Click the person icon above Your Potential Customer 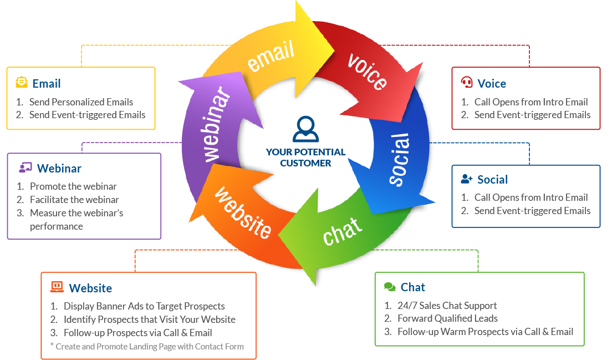click(x=305, y=130)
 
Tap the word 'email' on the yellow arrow click(x=271, y=57)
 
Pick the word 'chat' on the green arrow click(x=343, y=230)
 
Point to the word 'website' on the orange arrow click(x=243, y=212)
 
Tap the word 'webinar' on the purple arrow click(x=216, y=124)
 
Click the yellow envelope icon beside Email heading click(x=21, y=83)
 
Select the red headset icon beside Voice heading click(x=467, y=83)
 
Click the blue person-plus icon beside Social click(x=467, y=179)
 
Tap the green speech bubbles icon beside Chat click(x=390, y=287)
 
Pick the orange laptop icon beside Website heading click(x=57, y=287)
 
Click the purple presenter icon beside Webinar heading click(x=25, y=168)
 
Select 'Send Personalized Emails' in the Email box click(x=81, y=102)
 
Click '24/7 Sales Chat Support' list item click(x=447, y=306)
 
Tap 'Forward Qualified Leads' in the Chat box click(x=447, y=318)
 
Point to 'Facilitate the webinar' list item click(x=74, y=200)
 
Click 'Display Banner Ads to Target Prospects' click(x=144, y=306)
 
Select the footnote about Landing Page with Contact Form click(x=146, y=347)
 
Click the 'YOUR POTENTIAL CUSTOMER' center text click(x=305, y=158)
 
